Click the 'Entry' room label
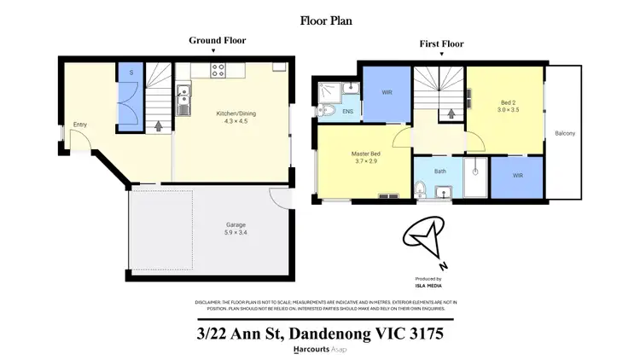[80, 125]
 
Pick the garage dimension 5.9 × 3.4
[212, 232]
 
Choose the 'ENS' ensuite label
[348, 111]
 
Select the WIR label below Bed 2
[518, 175]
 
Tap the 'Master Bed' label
[365, 154]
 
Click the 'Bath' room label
[440, 171]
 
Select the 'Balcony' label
[565, 133]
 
